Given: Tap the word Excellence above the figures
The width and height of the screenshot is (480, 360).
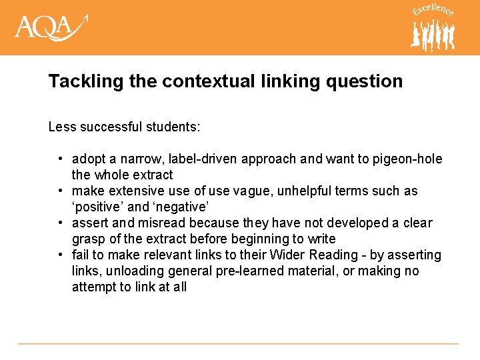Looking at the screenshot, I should point(433,11).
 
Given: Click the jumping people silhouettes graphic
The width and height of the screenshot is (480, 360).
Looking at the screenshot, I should point(433,35).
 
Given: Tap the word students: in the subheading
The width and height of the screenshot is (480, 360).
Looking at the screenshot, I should point(178,126).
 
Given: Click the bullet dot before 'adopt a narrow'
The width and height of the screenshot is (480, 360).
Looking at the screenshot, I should point(60,159).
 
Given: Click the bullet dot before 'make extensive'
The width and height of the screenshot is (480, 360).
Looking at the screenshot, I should point(60,191).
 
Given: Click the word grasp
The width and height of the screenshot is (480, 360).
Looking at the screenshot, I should point(89,239).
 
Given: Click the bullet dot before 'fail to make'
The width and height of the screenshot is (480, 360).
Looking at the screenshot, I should point(60,255).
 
